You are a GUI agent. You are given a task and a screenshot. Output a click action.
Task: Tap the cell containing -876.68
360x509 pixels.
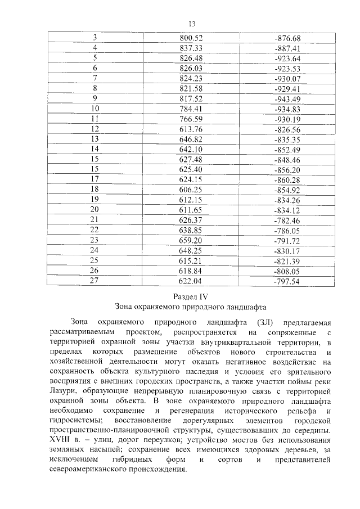coord(287,38)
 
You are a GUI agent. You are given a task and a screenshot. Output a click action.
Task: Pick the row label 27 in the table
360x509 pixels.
coord(94,281)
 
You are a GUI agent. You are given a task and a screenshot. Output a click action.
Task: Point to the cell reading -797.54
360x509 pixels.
coord(287,281)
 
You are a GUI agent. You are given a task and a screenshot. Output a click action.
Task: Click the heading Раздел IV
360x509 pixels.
coord(191,296)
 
